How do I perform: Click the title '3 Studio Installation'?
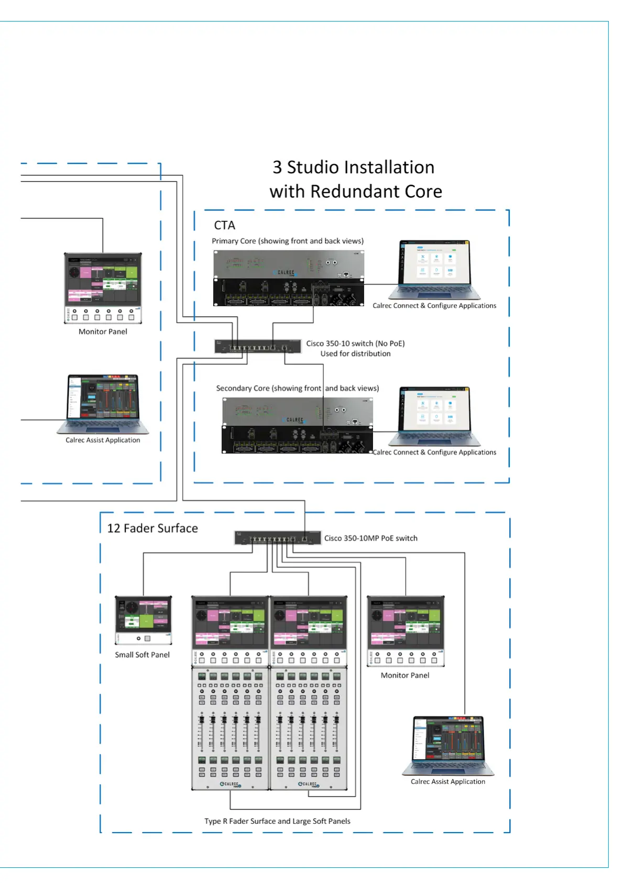[x=353, y=167]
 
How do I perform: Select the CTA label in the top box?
[x=224, y=225]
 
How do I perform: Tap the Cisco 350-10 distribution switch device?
[x=258, y=346]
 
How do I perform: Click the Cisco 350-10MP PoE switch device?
[x=277, y=538]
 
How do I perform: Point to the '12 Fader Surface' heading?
[x=152, y=529]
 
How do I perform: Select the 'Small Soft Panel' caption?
[x=142, y=655]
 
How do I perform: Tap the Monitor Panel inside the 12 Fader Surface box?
[x=405, y=631]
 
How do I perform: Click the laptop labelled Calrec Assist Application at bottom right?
[x=448, y=745]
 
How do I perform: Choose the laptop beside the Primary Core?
[x=435, y=270]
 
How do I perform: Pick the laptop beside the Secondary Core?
[x=435, y=416]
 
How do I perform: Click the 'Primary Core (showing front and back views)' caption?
[x=288, y=241]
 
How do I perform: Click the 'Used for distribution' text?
[x=355, y=354]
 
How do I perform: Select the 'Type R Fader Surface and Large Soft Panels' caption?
[x=277, y=821]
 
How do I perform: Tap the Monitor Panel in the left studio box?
[x=103, y=287]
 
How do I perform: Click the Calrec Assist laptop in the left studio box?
[x=103, y=404]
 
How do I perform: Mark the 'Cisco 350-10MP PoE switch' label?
[x=370, y=539]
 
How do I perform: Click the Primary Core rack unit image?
[x=289, y=278]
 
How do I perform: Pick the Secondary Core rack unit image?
[x=297, y=425]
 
